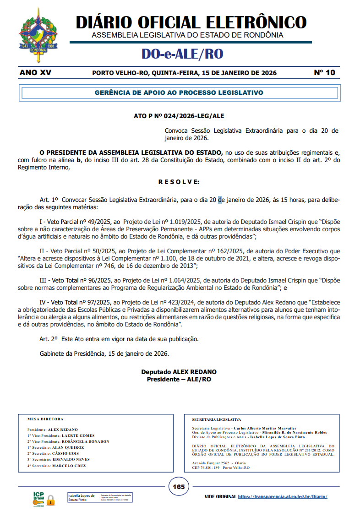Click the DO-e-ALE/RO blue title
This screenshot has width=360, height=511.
pyautogui.click(x=182, y=54)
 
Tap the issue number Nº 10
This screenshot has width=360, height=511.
pyautogui.click(x=324, y=73)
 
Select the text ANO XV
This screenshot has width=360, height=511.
pyautogui.click(x=36, y=73)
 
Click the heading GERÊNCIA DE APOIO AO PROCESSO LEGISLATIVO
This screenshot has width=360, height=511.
pyautogui.click(x=179, y=92)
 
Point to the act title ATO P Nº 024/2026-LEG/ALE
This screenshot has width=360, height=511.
pyautogui.click(x=179, y=116)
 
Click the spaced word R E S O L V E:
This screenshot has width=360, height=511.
pyautogui.click(x=179, y=182)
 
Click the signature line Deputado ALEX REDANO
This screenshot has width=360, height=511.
pyautogui.click(x=179, y=372)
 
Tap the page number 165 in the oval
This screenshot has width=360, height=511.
pyautogui.click(x=179, y=486)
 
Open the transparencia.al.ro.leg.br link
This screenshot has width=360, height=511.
pyautogui.click(x=283, y=496)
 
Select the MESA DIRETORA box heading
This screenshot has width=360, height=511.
pyautogui.click(x=45, y=419)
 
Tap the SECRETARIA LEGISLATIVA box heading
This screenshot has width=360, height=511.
pyautogui.click(x=217, y=419)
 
